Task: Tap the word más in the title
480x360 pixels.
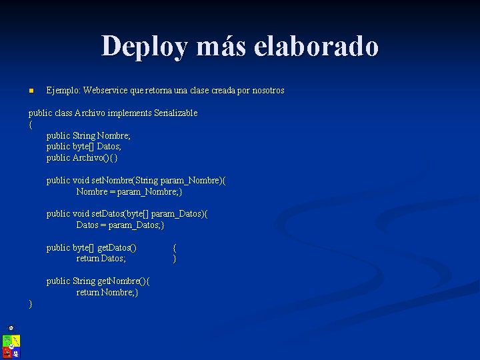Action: click(x=225, y=47)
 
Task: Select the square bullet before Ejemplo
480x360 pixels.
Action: click(x=31, y=91)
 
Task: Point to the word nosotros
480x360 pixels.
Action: click(x=267, y=90)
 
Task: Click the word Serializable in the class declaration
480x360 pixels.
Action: click(x=176, y=113)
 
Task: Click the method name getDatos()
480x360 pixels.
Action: click(x=117, y=248)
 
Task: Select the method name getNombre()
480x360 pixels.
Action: click(x=121, y=281)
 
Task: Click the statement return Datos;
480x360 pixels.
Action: click(x=101, y=259)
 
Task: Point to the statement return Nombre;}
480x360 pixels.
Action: click(x=107, y=292)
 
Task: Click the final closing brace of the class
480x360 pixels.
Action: click(x=31, y=304)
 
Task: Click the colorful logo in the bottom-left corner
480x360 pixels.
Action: click(x=11, y=344)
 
